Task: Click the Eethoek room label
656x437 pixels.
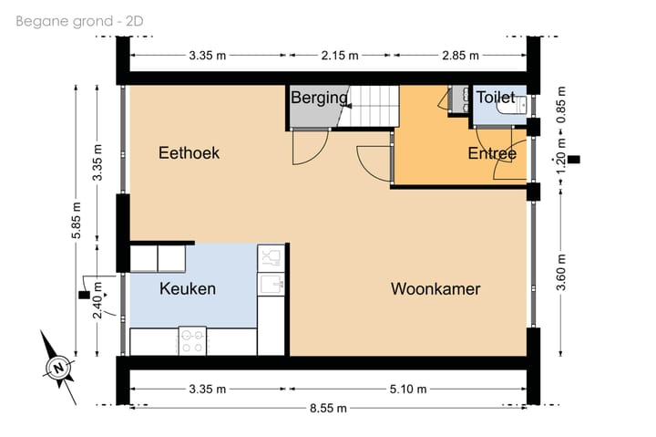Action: point(189,153)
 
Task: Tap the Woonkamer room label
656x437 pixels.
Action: point(436,289)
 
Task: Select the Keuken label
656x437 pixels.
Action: point(188,289)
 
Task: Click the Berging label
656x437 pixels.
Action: point(319,98)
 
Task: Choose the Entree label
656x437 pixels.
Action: point(492,153)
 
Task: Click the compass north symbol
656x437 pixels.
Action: point(57,368)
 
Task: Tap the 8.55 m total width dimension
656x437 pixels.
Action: point(328,408)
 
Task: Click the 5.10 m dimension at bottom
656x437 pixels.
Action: point(407,389)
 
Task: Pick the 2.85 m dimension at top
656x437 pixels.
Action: point(459,55)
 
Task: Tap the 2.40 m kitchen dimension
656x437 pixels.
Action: point(98,301)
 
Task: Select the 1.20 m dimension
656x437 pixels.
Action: point(560,156)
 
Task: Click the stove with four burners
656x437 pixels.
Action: point(192,340)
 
